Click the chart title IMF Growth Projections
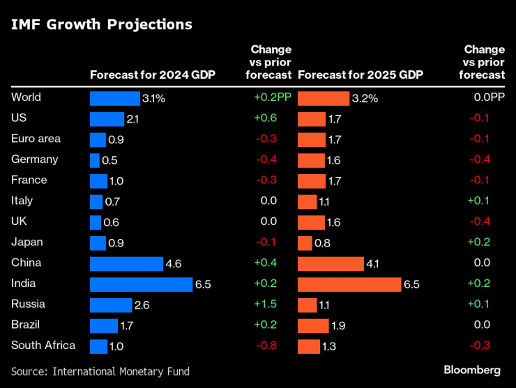point(101,25)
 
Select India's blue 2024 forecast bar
point(141,284)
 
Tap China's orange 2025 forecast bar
point(331,264)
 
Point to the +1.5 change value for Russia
point(266,304)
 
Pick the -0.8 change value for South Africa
point(266,346)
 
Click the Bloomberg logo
point(472,369)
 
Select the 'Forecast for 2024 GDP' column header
point(152,75)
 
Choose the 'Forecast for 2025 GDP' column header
point(360,75)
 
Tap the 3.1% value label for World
point(153,98)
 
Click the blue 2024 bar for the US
point(107,119)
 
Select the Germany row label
point(35,160)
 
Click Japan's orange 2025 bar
point(305,243)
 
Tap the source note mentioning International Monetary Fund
point(100,371)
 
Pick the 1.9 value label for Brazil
point(339,326)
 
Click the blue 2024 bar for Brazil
point(104,326)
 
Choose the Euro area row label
point(36,139)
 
